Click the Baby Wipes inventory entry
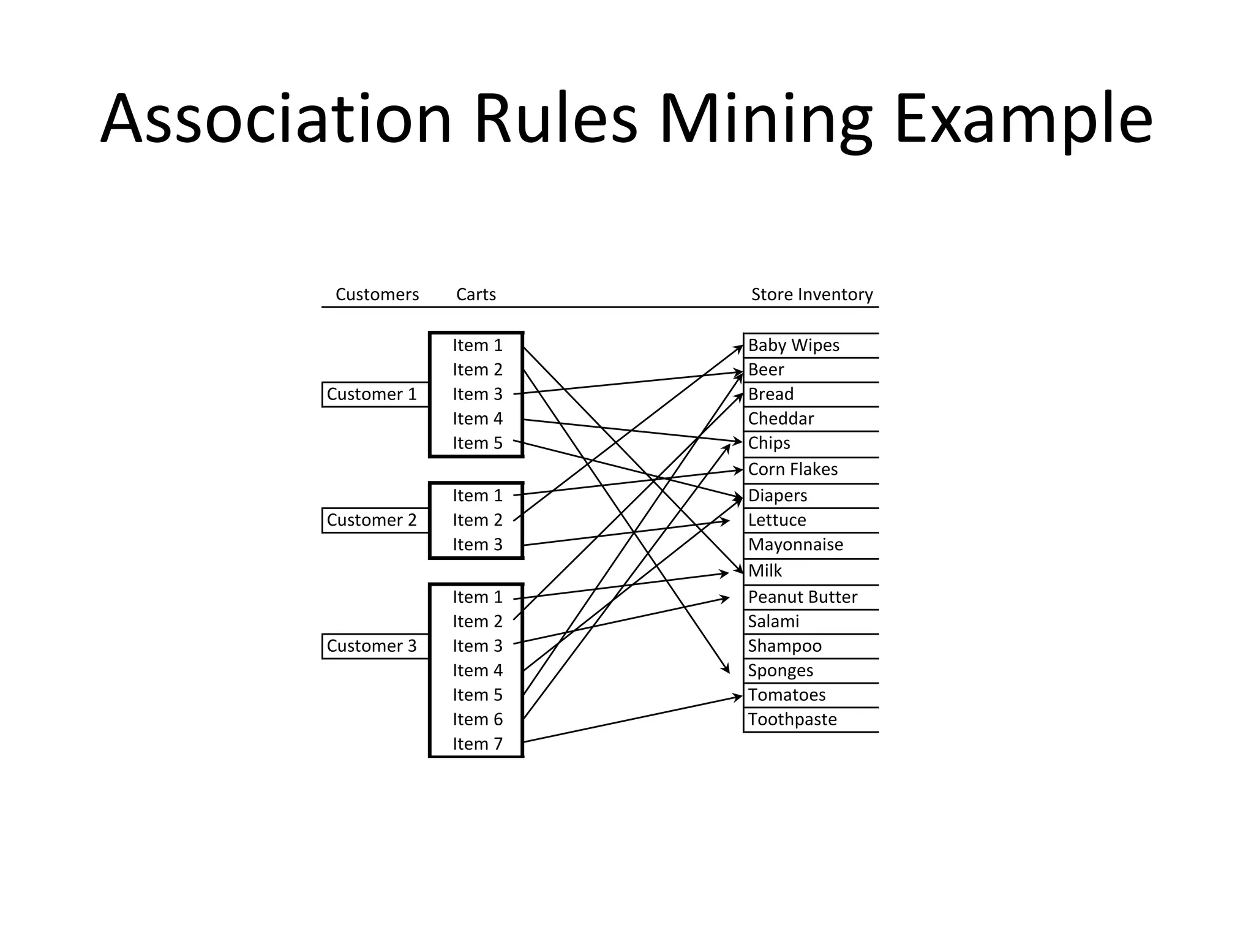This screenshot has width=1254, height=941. pos(794,346)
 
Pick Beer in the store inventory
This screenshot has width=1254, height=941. pos(766,370)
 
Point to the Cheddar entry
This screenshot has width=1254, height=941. pos(781,419)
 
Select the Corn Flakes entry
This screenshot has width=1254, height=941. pos(793,469)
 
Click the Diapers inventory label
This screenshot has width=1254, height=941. pos(778,496)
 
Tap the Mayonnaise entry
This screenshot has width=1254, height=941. pos(795,545)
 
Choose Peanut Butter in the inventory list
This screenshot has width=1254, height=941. pos(802,597)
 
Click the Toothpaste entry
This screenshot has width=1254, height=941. pos(792,719)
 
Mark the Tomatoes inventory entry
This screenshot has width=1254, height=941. pos(787,695)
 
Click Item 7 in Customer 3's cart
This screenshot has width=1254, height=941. pos(477,744)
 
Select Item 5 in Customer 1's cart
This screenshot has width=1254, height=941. pos(477,443)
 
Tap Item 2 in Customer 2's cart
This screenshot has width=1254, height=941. pos(477,520)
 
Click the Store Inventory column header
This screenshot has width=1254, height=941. pos(812,295)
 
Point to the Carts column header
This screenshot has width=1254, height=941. pos(476,295)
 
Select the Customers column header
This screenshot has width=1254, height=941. pos(377,295)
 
